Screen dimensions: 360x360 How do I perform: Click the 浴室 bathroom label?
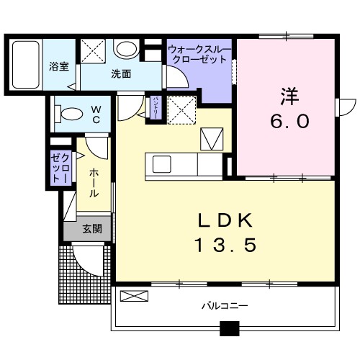(x=58, y=66)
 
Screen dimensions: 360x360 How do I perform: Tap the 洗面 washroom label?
(x=120, y=73)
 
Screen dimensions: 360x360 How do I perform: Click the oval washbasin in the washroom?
(x=127, y=49)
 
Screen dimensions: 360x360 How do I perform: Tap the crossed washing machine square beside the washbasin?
(x=93, y=50)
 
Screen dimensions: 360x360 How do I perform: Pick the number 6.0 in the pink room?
(x=289, y=121)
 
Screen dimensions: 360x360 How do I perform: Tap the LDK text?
(x=225, y=220)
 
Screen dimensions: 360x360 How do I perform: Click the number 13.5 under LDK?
(x=225, y=246)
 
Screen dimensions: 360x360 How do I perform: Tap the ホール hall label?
(x=95, y=184)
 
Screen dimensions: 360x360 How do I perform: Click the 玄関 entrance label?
(x=91, y=229)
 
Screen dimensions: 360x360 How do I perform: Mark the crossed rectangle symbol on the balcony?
(x=132, y=295)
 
